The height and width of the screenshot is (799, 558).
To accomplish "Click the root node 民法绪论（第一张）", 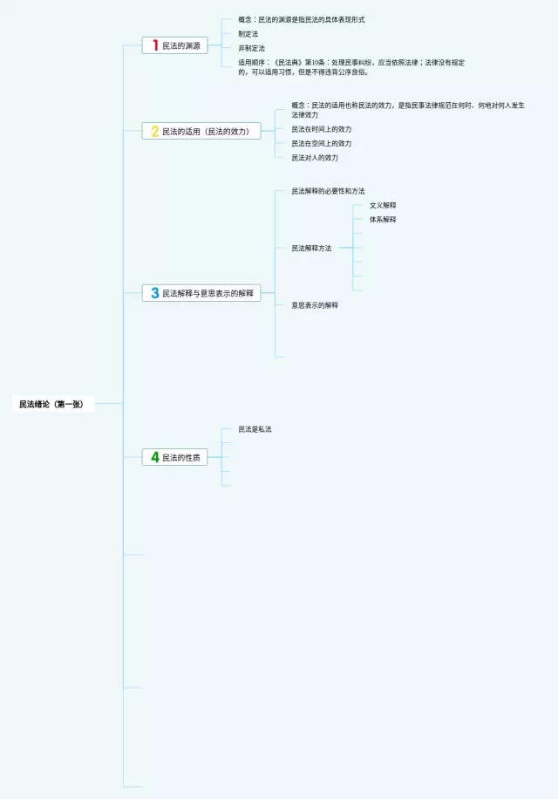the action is click(x=51, y=404).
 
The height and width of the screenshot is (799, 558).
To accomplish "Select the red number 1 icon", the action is click(x=155, y=45).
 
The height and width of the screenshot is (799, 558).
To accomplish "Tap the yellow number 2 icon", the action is click(x=155, y=131).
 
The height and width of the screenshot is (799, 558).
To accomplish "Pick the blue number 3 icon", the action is click(x=155, y=293).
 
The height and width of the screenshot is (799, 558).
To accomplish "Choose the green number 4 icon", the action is click(x=155, y=457).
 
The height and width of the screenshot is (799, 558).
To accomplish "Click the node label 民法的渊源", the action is click(x=180, y=45).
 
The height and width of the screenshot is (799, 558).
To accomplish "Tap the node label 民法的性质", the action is click(x=180, y=457).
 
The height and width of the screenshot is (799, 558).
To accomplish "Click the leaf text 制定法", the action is click(x=248, y=33).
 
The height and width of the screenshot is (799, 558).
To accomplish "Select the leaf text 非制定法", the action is click(x=251, y=48).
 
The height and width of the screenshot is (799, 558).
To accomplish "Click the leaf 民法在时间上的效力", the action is click(x=322, y=129).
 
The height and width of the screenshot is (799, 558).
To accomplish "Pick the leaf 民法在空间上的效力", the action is click(x=322, y=143).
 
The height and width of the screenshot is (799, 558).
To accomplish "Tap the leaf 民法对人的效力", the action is click(x=315, y=158).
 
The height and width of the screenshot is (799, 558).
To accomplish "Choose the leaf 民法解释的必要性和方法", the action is click(x=328, y=191).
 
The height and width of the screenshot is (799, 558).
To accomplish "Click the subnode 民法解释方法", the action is click(x=311, y=249).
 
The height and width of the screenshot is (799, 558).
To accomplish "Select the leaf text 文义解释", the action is click(x=383, y=205).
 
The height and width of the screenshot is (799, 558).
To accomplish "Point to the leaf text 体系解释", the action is click(x=383, y=219).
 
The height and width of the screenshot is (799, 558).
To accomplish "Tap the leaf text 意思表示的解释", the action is click(x=315, y=305).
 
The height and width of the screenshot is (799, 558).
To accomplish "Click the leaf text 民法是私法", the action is click(x=255, y=429).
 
